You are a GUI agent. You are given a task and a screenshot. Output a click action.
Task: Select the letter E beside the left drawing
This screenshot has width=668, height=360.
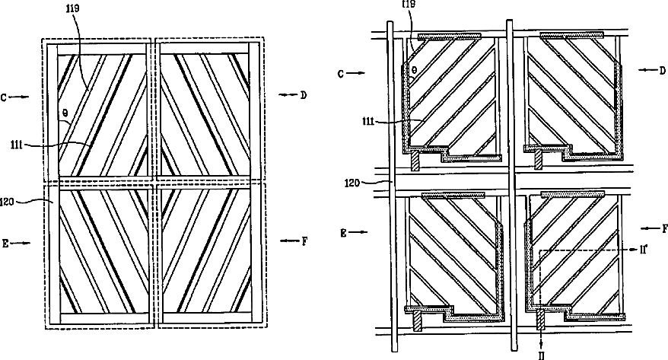coord(6,244)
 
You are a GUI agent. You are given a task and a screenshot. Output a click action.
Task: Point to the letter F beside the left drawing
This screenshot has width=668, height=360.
coord(305,241)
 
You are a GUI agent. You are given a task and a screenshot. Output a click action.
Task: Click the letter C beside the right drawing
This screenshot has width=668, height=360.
coord(342,74)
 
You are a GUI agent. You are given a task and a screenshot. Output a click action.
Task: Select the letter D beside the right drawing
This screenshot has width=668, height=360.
coord(663,69)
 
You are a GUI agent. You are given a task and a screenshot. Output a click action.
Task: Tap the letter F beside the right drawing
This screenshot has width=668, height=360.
coord(663,228)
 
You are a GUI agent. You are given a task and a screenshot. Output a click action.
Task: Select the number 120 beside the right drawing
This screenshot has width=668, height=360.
coord(353,183)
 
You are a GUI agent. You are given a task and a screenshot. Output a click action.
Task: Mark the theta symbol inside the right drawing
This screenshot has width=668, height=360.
coord(414,68)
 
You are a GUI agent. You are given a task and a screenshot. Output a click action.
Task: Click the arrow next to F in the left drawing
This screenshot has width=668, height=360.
coord(289,241)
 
